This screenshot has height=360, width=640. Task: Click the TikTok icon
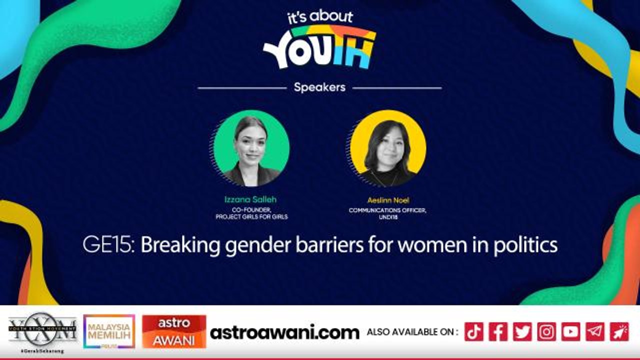click(474, 331)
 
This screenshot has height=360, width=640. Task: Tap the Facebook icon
click(498, 331)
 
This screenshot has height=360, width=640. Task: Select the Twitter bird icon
click(522, 331)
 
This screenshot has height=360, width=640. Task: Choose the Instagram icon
click(546, 331)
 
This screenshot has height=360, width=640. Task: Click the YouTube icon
click(570, 331)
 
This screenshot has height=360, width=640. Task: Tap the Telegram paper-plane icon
click(595, 331)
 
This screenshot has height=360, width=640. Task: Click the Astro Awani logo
click(174, 331)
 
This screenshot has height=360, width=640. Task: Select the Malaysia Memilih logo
click(109, 331)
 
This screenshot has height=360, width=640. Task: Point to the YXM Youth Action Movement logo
click(42, 330)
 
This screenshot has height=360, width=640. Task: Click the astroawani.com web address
click(284, 332)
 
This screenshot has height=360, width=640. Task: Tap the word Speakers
click(319, 87)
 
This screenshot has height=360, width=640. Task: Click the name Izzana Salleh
click(250, 199)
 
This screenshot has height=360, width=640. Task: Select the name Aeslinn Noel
click(388, 200)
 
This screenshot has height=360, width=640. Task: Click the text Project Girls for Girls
click(251, 217)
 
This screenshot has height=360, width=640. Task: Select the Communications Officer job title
click(387, 210)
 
